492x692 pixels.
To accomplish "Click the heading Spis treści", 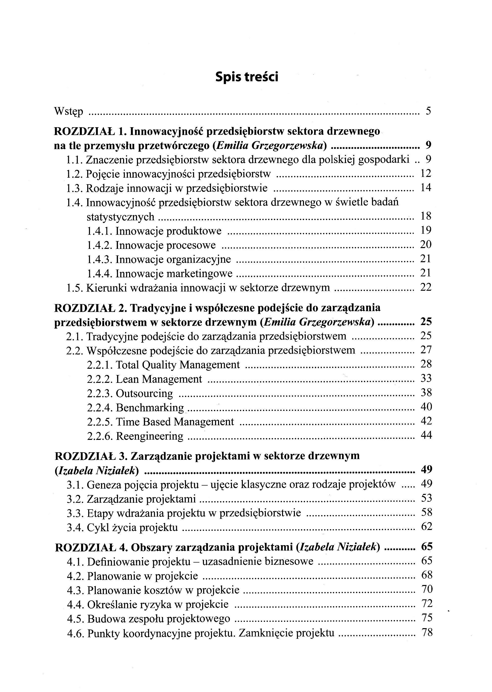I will tap(247, 77).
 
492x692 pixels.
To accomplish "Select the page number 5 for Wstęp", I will tap(428, 111).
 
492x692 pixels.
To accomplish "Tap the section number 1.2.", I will tap(75, 174).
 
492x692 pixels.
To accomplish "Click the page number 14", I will tap(426, 188).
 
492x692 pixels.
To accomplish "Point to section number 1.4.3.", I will tap(100, 259).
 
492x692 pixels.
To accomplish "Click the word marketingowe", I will tap(199, 274).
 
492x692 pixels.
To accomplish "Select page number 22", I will tap(426, 287).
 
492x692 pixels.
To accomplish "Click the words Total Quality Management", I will tap(178, 365).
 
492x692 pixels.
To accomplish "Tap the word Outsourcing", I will tap(144, 393).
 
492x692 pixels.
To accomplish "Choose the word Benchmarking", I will tap(150, 408).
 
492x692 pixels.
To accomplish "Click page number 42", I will tap(426, 421).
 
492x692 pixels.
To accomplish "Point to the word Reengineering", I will tap(150, 436).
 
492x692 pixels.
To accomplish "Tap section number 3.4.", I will tap(75, 527).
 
